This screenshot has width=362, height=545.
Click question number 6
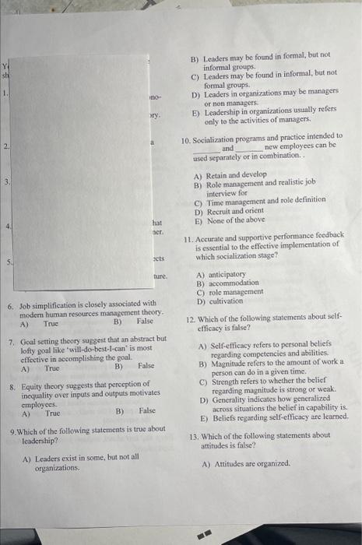pos(10,306)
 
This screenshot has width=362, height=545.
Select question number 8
pos(10,385)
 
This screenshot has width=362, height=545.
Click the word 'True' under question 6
pos(51,322)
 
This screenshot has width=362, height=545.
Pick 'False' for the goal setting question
pos(146,366)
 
